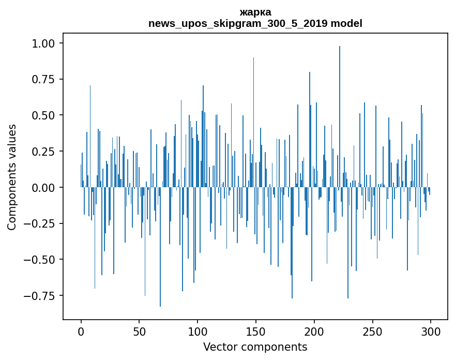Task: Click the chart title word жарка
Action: pyautogui.click(x=255, y=12)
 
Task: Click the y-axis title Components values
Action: pyautogui.click(x=12, y=177)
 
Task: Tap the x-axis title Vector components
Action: pyautogui.click(x=255, y=347)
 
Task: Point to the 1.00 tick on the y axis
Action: pyautogui.click(x=47, y=43)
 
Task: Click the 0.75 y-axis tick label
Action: pyautogui.click(x=47, y=79)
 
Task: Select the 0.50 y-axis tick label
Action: pyautogui.click(x=47, y=115)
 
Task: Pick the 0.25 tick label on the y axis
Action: pyautogui.click(x=47, y=151)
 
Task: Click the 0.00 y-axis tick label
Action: pyautogui.click(x=47, y=187)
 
